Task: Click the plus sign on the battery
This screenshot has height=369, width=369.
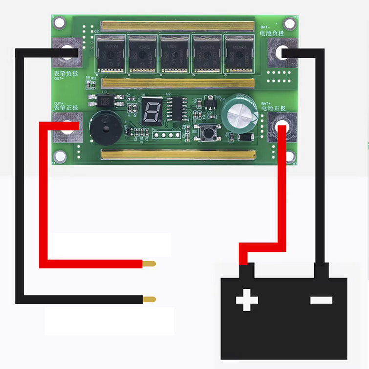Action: [247, 300]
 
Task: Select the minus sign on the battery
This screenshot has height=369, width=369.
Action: [321, 299]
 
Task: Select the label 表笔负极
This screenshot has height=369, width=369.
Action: [65, 73]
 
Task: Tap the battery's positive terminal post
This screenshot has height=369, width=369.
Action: [247, 270]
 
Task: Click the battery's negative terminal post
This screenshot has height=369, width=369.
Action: [321, 270]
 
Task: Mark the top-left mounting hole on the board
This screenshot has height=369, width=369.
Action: [60, 22]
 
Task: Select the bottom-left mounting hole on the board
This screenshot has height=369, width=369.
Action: [60, 156]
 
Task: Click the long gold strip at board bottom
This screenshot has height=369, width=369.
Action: [177, 155]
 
